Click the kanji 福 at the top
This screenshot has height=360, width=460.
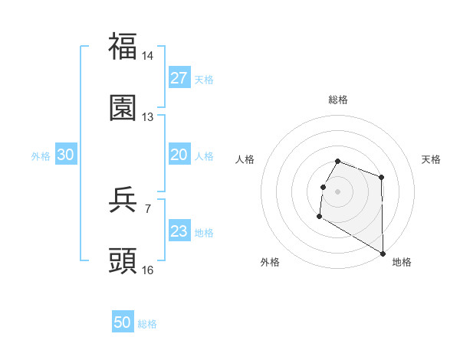point(123,45)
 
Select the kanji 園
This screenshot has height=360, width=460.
point(123,107)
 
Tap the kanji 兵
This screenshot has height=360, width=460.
point(123,199)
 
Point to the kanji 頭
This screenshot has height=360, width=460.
point(123,260)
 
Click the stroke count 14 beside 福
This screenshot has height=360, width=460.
point(148,56)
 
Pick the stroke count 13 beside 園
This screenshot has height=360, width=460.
point(148,117)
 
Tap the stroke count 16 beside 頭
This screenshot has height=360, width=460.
point(148,270)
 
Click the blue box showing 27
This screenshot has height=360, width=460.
point(179,78)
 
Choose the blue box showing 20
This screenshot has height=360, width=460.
point(179,155)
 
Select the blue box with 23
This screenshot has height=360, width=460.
point(179,231)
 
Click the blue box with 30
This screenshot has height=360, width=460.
point(66,155)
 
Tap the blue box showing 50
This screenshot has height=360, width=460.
point(123,322)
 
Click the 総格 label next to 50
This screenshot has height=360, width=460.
point(148,324)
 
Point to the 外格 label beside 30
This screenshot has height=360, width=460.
point(41,156)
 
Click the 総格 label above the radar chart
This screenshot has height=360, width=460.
point(338,100)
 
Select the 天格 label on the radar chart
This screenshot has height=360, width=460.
point(431,159)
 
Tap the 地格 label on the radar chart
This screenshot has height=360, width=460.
point(402,262)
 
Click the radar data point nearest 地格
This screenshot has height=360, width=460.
point(383,254)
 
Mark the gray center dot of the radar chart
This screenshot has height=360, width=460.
point(338,191)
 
